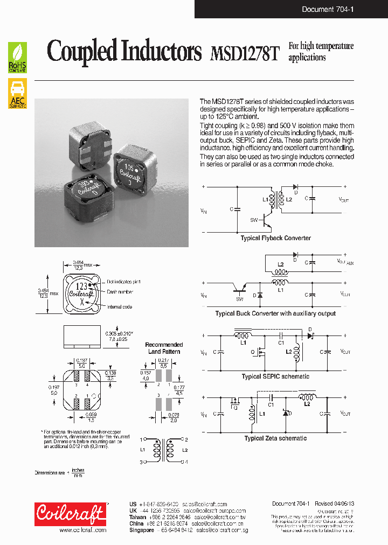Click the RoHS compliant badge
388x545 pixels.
[x=18, y=58]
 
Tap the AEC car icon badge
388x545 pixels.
[x=18, y=94]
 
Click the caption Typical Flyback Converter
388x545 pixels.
[x=275, y=238]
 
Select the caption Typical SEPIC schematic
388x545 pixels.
[x=275, y=376]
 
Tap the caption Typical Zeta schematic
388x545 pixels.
[x=275, y=438]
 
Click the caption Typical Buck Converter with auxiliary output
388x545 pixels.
[x=275, y=313]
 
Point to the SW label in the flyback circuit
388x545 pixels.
[x=254, y=220]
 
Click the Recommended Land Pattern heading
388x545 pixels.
[x=164, y=348]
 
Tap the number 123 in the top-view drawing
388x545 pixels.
[x=81, y=286]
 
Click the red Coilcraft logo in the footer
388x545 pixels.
[x=70, y=514]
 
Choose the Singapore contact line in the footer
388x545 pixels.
[x=186, y=530]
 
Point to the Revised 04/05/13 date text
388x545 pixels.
[x=331, y=504]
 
